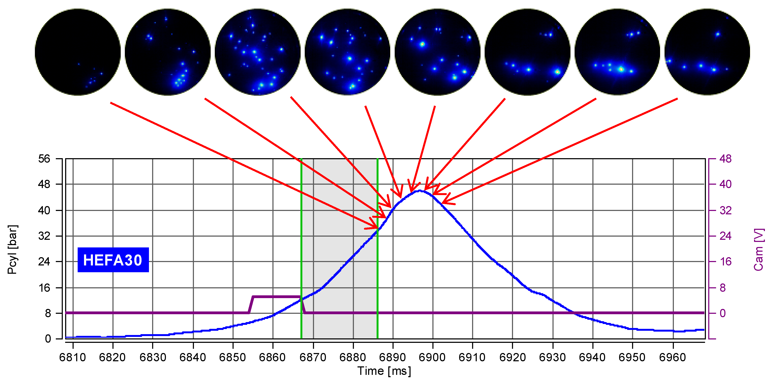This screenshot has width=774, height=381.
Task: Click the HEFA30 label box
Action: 113,260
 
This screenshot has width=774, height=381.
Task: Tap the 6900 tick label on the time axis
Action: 432,357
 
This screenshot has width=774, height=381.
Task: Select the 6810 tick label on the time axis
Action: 72,357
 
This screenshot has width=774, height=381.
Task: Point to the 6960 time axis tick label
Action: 672,357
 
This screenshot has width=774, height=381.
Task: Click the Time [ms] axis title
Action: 384,371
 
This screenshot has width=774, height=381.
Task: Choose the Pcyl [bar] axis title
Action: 12,249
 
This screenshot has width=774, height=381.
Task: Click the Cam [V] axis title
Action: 759,249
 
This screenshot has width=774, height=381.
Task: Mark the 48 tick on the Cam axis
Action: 725,159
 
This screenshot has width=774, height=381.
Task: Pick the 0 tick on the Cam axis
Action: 723,313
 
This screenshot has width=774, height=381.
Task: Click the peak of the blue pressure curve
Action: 419,191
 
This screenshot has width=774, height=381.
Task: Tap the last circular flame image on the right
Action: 707,52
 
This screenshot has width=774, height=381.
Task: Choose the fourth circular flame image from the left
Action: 347,52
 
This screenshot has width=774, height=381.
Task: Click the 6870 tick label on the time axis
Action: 313,357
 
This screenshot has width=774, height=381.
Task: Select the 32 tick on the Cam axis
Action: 725,210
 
